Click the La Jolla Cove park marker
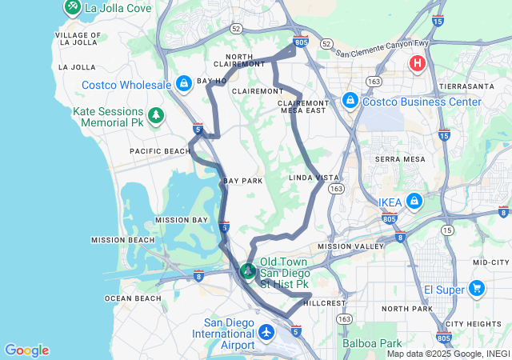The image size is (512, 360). point(72,8)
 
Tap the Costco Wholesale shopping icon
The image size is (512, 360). point(183,83)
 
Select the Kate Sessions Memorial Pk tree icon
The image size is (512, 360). point(155,117)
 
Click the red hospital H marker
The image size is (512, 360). point(417,62)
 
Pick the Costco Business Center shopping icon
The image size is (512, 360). point(350,101)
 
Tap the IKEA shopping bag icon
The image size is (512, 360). point(414,202)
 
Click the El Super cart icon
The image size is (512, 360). point(477,288)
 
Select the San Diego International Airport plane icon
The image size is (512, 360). point(267,331)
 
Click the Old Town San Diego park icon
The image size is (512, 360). point(248,271)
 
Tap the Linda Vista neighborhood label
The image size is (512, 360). point(313,177)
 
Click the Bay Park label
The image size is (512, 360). point(243,181)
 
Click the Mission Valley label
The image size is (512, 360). point(351,246)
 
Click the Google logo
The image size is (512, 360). point(26,350)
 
